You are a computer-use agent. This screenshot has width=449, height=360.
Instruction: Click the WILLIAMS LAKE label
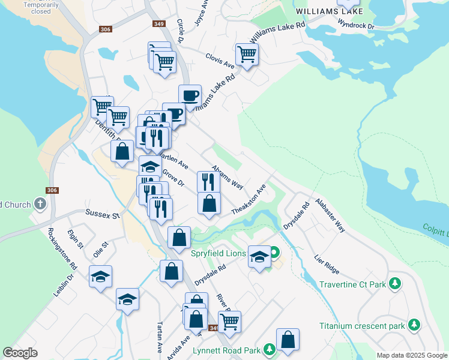(x=329, y=11)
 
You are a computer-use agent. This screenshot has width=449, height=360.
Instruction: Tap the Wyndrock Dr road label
(x=356, y=26)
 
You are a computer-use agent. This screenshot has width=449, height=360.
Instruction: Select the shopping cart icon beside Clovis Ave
(x=247, y=55)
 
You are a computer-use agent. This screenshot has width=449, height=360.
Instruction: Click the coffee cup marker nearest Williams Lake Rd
(x=190, y=95)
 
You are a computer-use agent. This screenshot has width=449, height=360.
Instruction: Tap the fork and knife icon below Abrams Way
(x=208, y=181)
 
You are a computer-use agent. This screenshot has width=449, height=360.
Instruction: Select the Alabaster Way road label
(x=330, y=216)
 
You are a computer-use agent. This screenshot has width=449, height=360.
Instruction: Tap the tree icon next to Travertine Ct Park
(x=395, y=283)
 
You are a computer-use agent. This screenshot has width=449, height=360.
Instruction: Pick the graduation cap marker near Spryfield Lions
(x=259, y=257)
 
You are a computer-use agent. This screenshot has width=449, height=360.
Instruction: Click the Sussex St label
(x=103, y=213)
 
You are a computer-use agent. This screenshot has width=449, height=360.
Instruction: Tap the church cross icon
(x=40, y=204)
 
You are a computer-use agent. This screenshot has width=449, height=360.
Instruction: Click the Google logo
(x=20, y=352)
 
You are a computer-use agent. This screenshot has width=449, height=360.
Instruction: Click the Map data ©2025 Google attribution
(x=411, y=355)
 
